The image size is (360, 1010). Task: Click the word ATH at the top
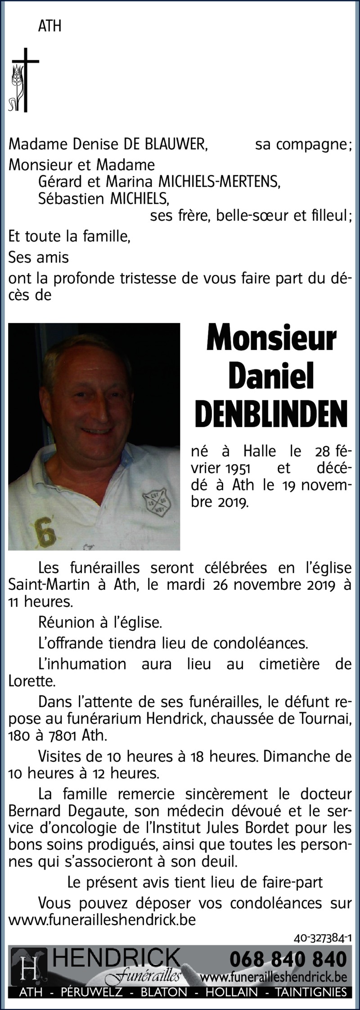pyautogui.click(x=49, y=27)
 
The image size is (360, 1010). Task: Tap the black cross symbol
pyautogui.click(x=25, y=80)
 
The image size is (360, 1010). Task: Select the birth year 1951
pyautogui.click(x=238, y=468)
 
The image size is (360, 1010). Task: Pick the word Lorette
pyautogui.click(x=31, y=681)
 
